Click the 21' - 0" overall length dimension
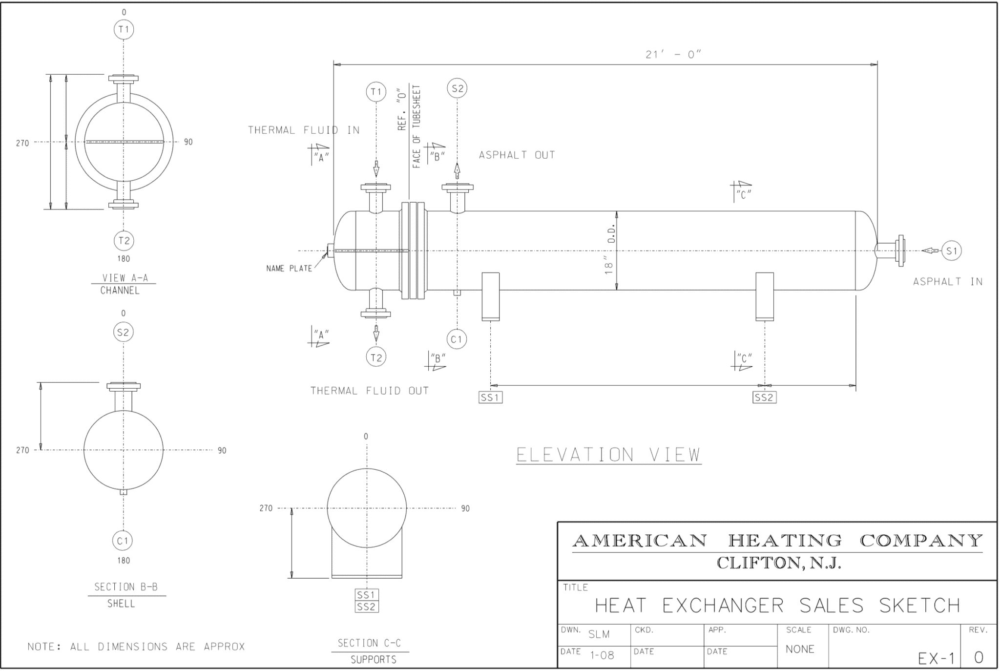(x=673, y=55)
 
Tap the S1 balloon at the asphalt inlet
(x=951, y=251)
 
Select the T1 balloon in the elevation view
(x=375, y=92)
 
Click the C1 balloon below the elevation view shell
(x=457, y=339)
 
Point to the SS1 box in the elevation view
(x=490, y=398)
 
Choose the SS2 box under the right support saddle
(x=764, y=398)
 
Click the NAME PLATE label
(x=289, y=269)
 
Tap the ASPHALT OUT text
(x=517, y=155)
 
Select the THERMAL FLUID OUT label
(x=370, y=391)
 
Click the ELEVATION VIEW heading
(x=608, y=455)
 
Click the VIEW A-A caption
(x=125, y=278)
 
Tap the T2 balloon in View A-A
(x=124, y=240)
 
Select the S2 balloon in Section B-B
(x=123, y=333)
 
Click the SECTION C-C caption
(x=369, y=643)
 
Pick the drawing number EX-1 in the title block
(x=936, y=659)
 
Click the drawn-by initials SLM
(x=599, y=634)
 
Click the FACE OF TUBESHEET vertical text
(x=417, y=127)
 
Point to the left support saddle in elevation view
(x=490, y=296)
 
